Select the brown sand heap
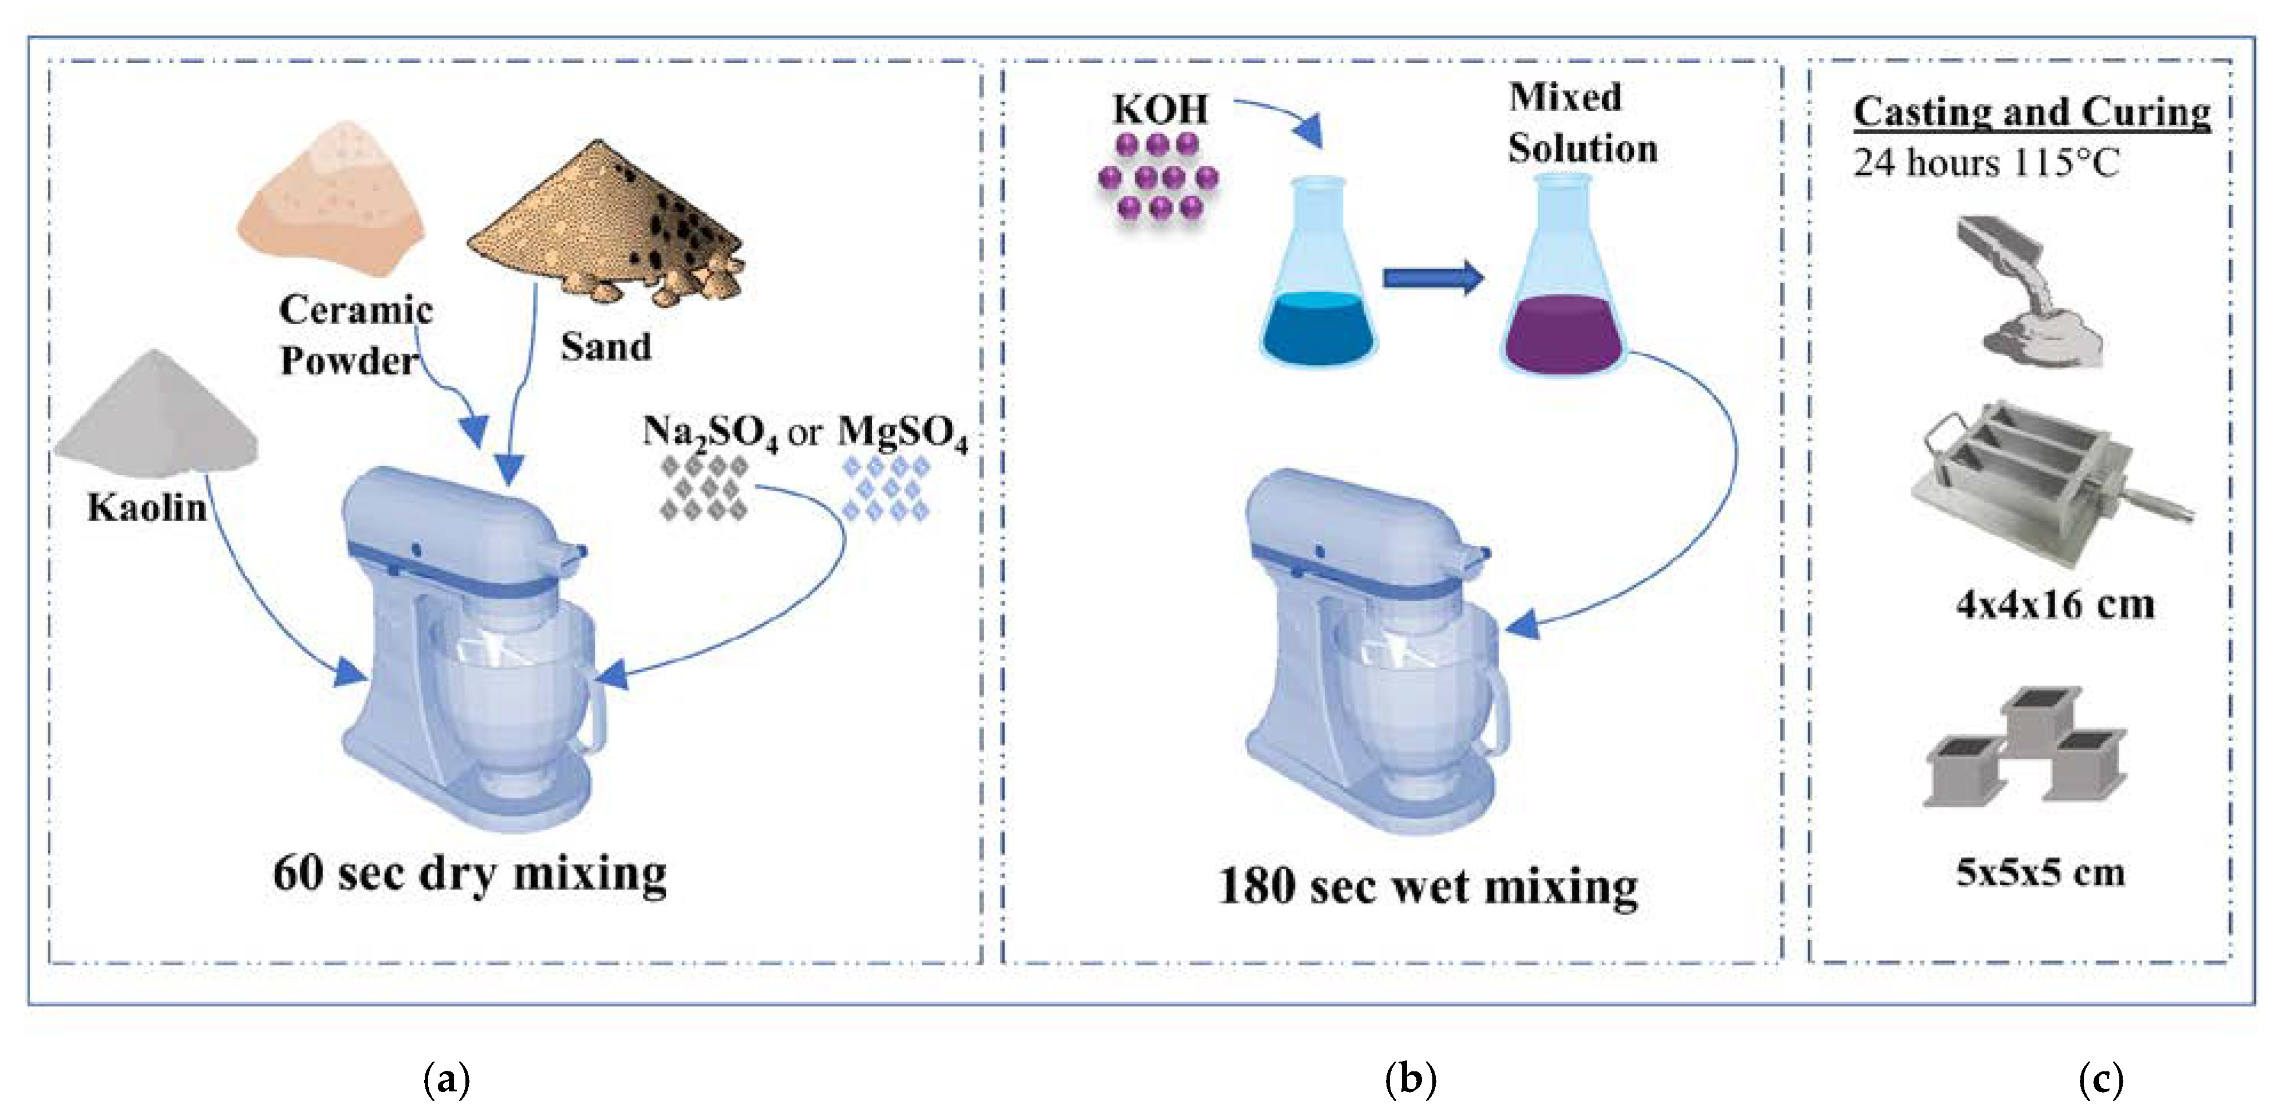click(x=610, y=221)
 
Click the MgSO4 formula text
click(x=902, y=433)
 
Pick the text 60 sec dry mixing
click(x=470, y=874)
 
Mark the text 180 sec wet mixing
click(x=1428, y=886)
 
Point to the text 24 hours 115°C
click(x=1986, y=163)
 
